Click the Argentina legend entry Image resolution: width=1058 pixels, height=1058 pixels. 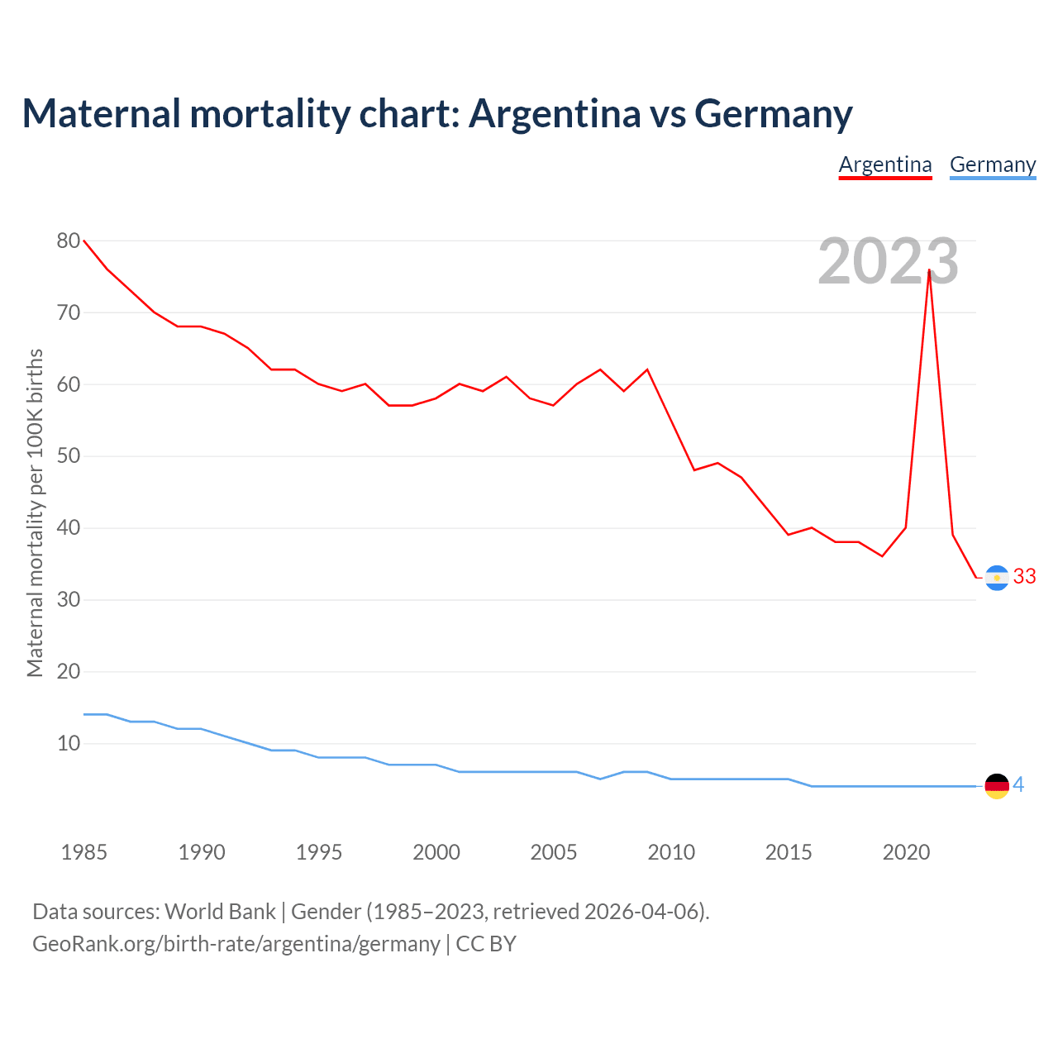pos(885,164)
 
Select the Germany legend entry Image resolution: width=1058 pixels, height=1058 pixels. pos(993,164)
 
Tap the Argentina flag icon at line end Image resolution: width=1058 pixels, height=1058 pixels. pos(997,577)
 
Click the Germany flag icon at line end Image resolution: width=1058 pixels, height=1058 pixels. pos(997,785)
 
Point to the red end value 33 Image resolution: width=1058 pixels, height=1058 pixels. pos(1024,577)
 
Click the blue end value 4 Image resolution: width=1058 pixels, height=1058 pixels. pos(1018,785)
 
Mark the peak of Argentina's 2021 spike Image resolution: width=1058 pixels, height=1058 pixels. pos(930,270)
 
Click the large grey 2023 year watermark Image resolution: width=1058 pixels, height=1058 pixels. pos(888,261)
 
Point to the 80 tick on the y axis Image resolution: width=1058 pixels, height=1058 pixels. pos(69,241)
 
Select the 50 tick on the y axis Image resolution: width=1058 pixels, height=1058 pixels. pos(69,456)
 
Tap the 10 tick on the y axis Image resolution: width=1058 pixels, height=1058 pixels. pos(69,743)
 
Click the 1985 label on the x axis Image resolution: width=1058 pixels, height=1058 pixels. pos(83,852)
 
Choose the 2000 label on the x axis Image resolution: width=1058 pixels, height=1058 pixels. pos(436,852)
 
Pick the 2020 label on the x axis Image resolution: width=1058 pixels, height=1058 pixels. pos(906,852)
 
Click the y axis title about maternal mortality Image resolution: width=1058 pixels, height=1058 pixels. pos(35,512)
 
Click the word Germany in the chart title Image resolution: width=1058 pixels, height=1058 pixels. pos(773,113)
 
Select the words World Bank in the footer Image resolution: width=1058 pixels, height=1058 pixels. pos(220,912)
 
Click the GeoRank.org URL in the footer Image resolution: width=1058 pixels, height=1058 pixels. pos(236,944)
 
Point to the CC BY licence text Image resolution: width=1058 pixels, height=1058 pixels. pos(486,944)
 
